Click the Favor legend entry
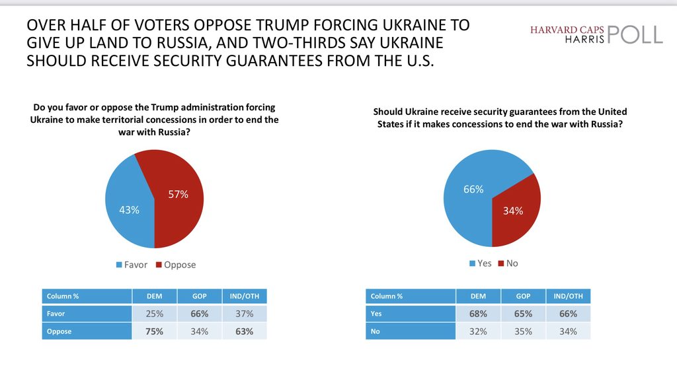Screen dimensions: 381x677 (132, 265)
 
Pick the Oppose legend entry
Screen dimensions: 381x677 (175, 265)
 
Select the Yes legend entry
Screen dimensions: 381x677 (481, 263)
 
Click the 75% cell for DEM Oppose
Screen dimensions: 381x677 (154, 331)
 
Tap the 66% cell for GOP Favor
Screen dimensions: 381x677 (199, 314)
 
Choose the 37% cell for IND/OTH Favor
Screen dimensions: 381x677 (245, 314)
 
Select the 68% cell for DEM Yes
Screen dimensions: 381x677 (478, 314)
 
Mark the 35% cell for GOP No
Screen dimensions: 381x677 (523, 331)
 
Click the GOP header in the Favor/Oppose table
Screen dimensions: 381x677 (199, 296)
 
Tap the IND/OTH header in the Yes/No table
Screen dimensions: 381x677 (568, 296)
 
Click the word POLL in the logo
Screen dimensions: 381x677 (634, 34)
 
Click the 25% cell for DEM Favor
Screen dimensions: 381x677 (154, 314)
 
